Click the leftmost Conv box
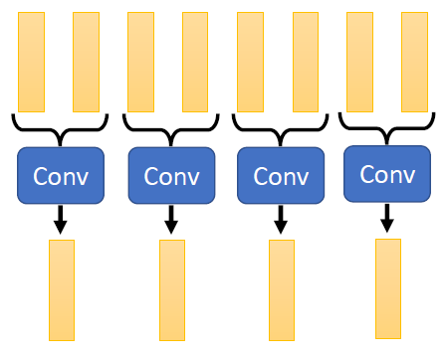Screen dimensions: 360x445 click(61, 176)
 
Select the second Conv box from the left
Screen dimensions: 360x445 click(172, 176)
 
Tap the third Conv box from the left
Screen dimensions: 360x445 click(281, 176)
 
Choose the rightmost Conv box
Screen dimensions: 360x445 click(387, 174)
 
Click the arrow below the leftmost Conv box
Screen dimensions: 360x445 click(61, 220)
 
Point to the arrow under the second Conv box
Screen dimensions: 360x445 click(172, 220)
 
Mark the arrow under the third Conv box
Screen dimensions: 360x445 click(281, 220)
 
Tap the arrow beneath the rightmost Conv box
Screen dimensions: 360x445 click(387, 216)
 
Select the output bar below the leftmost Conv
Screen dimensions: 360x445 click(62, 289)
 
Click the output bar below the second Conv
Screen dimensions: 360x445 click(172, 289)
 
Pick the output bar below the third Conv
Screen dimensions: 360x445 click(282, 289)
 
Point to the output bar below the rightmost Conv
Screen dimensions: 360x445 click(388, 287)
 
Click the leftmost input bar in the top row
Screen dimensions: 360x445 click(31, 62)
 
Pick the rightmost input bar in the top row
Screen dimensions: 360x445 click(414, 62)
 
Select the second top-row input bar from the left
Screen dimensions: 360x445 click(86, 62)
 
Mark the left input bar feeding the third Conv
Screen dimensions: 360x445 click(250, 62)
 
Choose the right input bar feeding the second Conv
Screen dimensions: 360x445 click(195, 62)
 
